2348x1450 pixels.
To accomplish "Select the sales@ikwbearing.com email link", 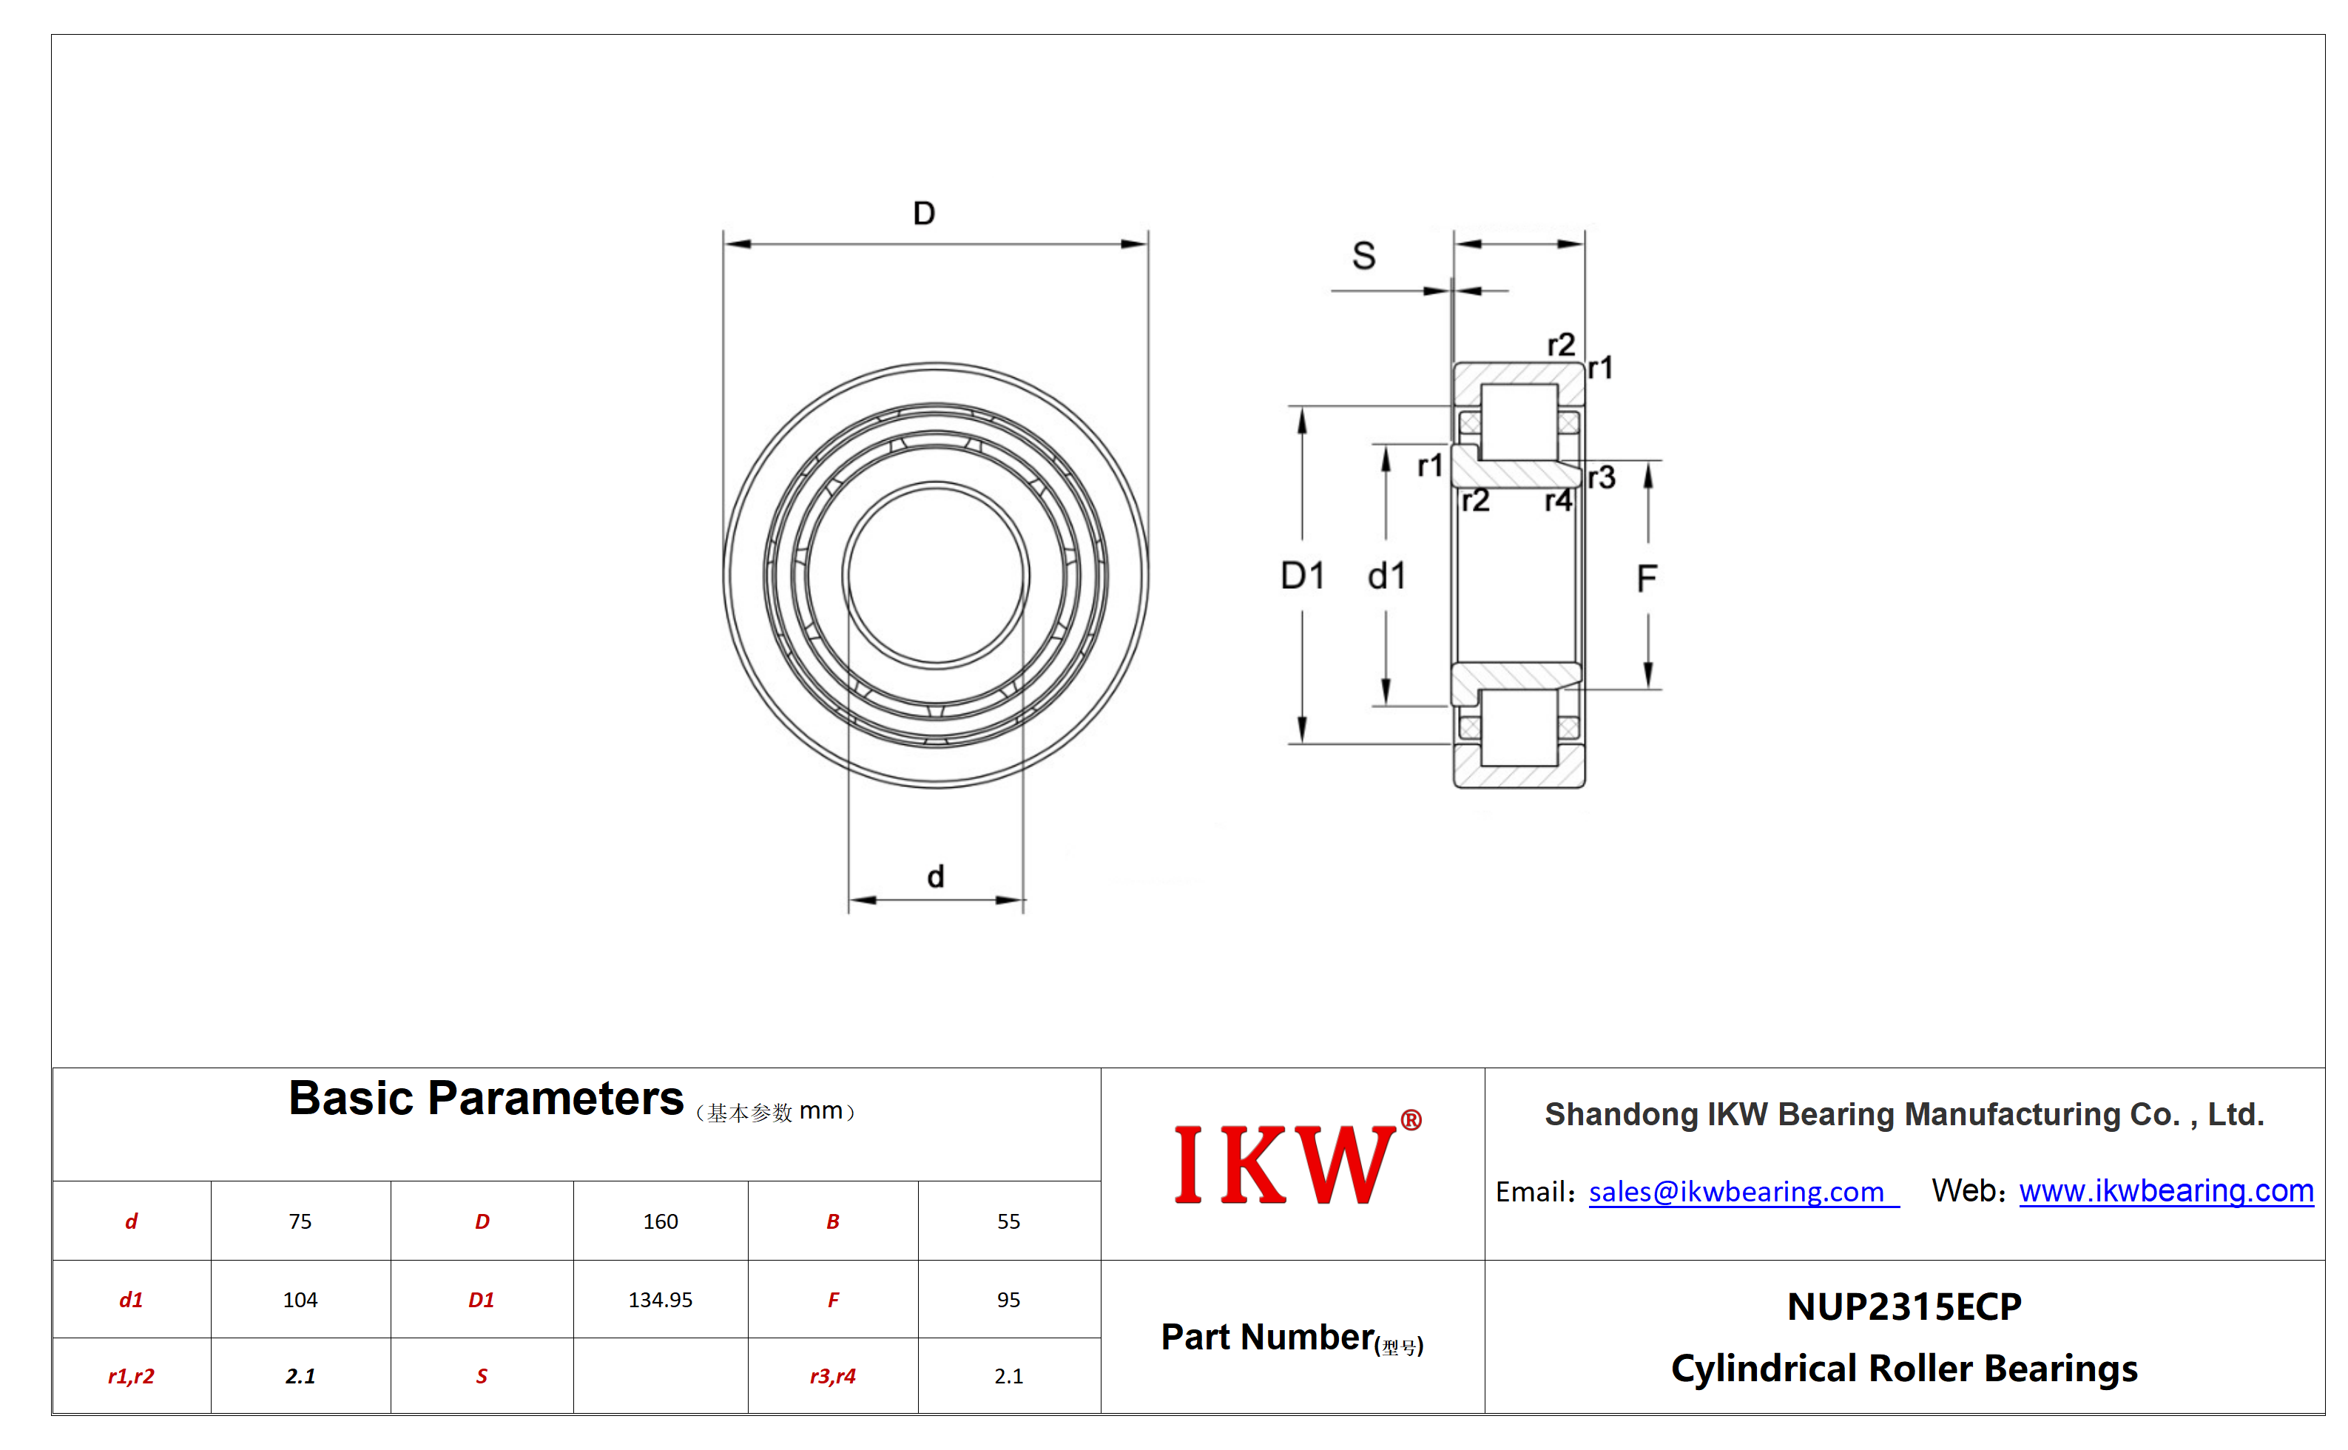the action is click(x=1736, y=1191).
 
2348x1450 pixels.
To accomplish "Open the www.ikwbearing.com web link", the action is click(x=2166, y=1190).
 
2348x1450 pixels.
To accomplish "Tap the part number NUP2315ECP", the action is click(x=1904, y=1307).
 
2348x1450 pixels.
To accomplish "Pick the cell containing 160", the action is click(x=661, y=1221).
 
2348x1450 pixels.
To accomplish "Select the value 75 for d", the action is click(x=300, y=1221).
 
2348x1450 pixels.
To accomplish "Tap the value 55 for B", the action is click(x=1008, y=1221).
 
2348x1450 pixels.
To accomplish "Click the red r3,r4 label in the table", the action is click(x=832, y=1376).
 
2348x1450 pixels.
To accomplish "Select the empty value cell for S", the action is click(x=661, y=1375).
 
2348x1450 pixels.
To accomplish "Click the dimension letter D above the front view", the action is click(x=924, y=213).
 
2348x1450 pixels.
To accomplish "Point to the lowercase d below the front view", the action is click(x=936, y=876).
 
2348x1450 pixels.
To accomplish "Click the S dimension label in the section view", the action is click(x=1363, y=256).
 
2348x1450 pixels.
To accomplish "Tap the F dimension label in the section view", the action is click(x=1646, y=579).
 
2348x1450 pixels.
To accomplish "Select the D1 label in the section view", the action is click(x=1303, y=576).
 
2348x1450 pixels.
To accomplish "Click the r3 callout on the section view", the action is click(x=1601, y=478).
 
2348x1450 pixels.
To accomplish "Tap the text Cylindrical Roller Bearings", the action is click(x=1904, y=1369).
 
